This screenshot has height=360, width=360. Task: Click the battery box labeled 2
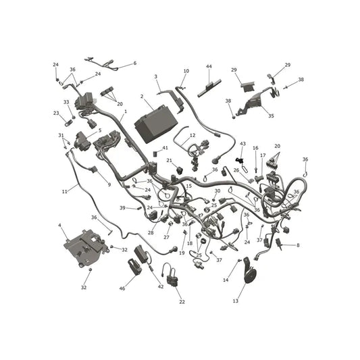coord(156,124)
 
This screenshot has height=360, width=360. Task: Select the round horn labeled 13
coord(249,271)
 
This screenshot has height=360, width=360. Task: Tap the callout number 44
coord(209,67)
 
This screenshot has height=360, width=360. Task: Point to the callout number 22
coord(182,302)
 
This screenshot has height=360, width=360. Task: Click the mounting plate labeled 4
coord(86,248)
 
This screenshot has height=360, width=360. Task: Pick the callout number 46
coord(122,288)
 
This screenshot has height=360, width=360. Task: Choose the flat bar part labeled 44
coord(209,88)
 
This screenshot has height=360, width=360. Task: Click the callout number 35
coord(271,115)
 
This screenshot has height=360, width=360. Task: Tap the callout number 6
coord(135,63)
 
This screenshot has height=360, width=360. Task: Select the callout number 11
coord(65,191)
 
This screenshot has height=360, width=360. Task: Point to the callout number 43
coord(242,144)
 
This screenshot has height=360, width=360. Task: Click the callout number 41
coord(165,148)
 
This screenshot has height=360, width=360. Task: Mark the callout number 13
coord(236,301)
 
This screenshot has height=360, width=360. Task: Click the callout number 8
coord(298,245)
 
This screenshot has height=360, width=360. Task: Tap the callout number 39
coord(122,208)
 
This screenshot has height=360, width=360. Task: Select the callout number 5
coord(100,130)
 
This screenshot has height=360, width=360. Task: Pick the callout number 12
coord(192,135)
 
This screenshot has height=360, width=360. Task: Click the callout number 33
coord(66,102)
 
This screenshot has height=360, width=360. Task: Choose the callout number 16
coord(255,148)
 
